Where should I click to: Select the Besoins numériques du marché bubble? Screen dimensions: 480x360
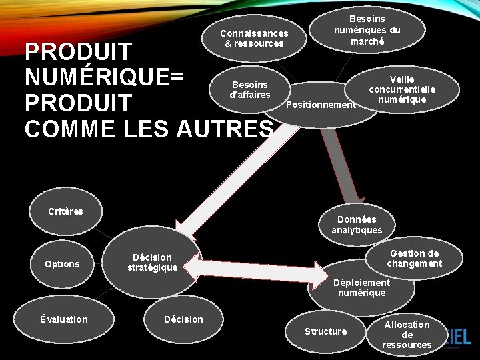[367, 30]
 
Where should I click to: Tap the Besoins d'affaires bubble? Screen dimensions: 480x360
[250, 89]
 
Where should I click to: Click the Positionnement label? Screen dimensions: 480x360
[321, 105]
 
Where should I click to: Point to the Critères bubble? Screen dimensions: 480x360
[65, 211]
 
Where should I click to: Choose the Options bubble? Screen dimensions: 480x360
[62, 264]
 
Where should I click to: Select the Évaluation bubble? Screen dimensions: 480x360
[63, 319]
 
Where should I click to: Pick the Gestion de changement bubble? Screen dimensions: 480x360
[414, 258]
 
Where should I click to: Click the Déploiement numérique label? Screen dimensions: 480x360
[361, 288]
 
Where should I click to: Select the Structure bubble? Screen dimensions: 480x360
[325, 331]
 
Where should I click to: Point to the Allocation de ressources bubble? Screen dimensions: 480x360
[407, 334]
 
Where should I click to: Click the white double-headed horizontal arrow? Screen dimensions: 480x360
[256, 267]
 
